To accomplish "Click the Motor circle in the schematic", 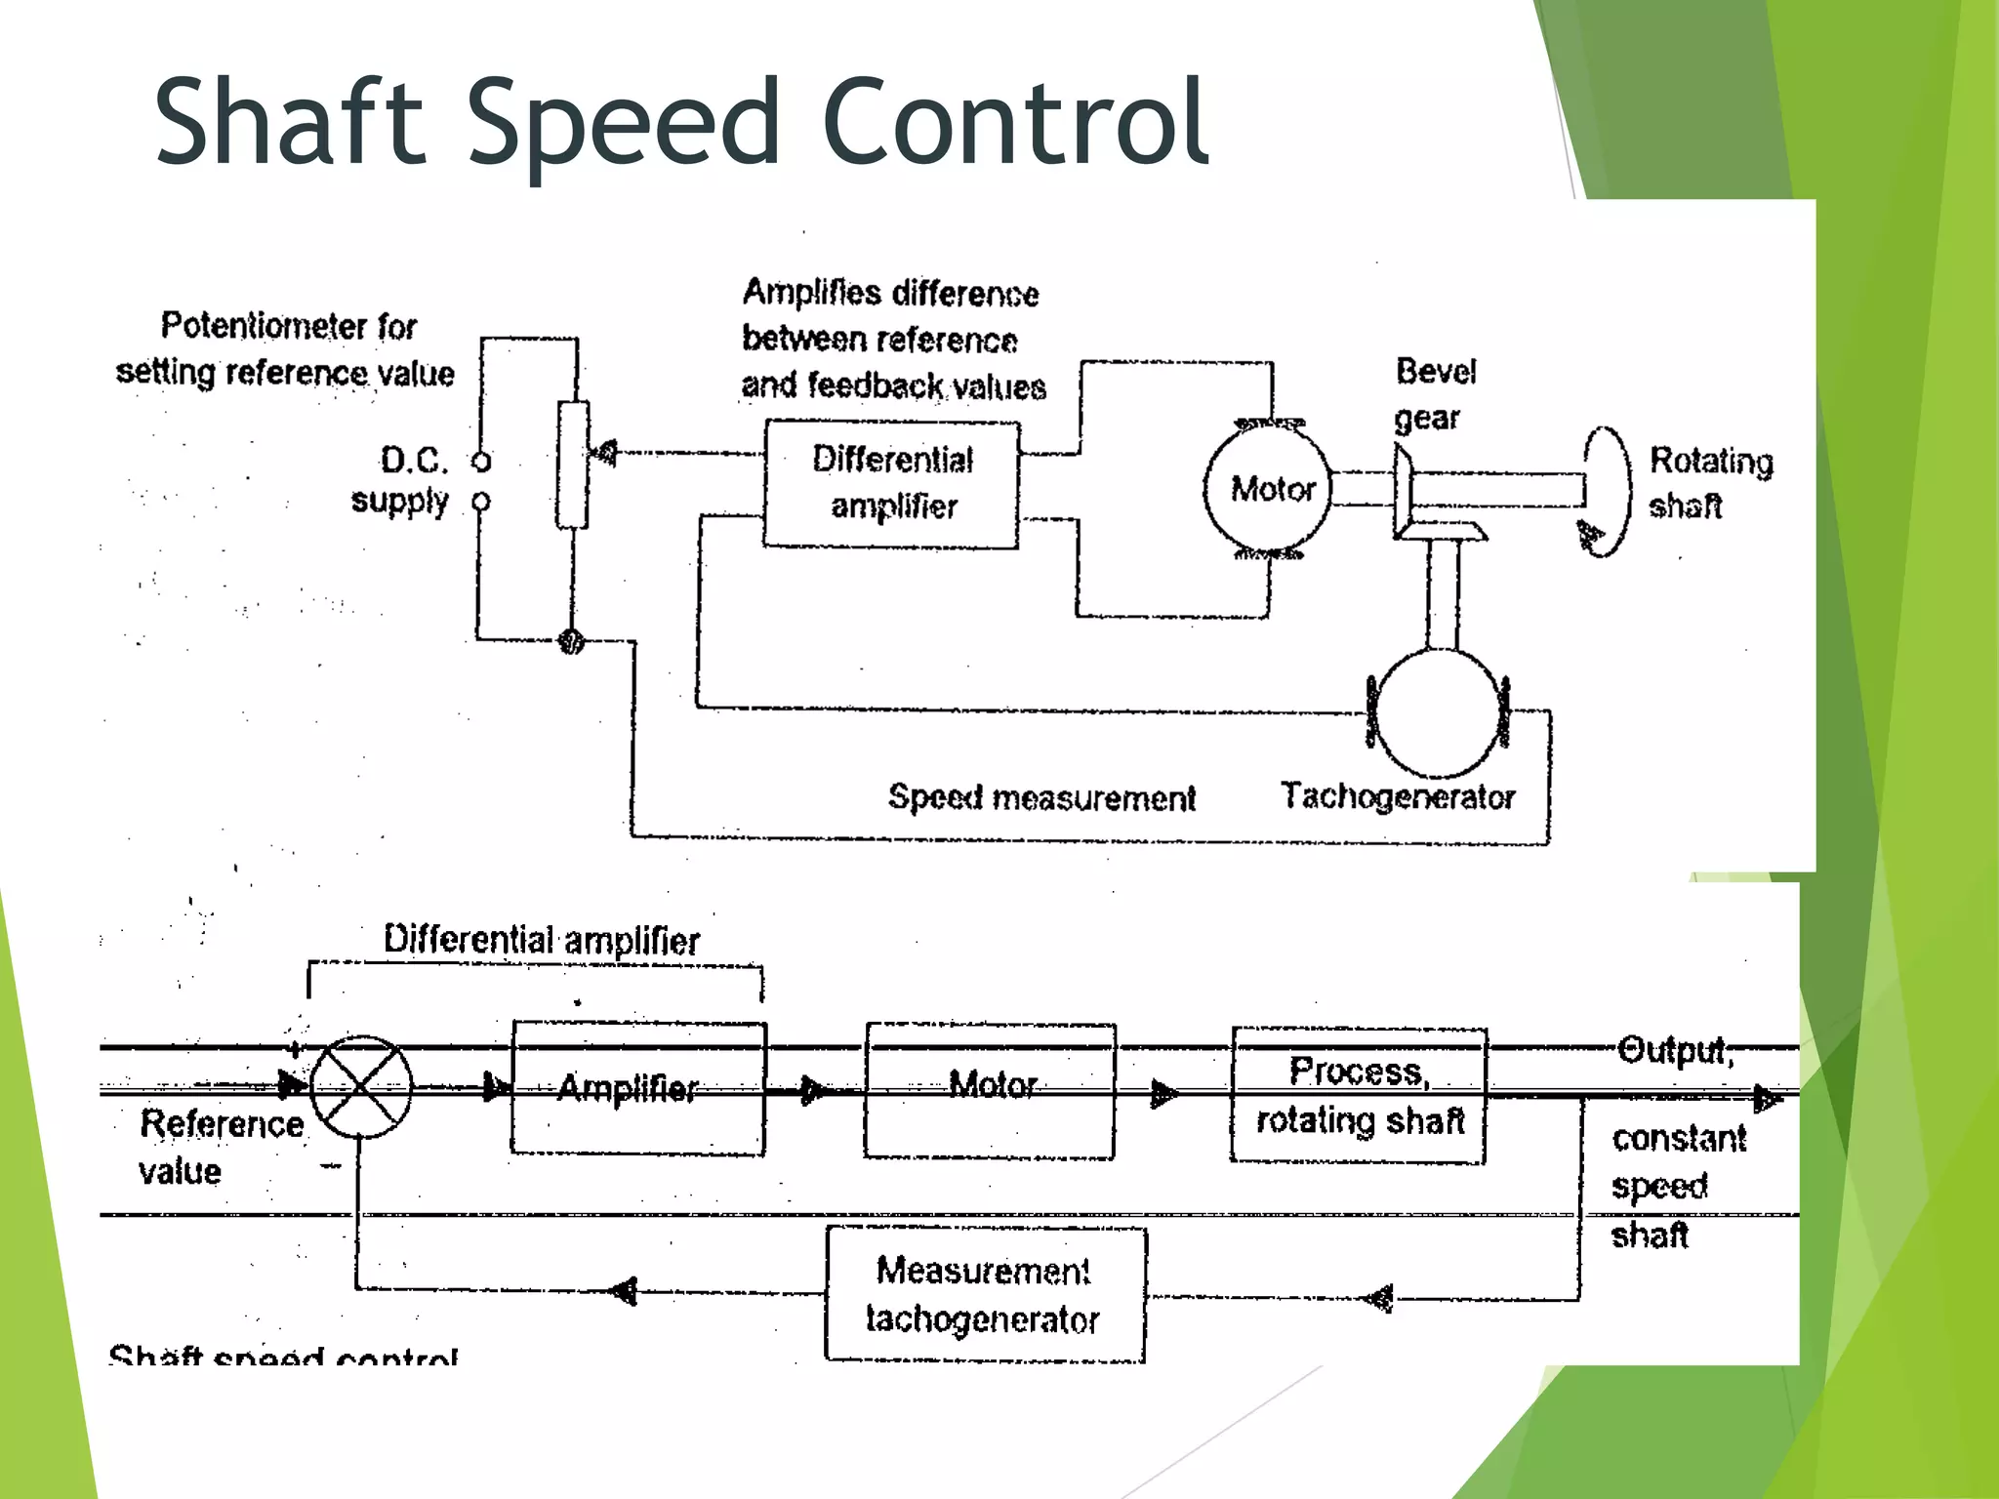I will click(1268, 488).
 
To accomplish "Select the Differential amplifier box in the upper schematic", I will click(891, 484).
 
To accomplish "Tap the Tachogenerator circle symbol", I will click(1439, 713).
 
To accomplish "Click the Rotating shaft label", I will click(1709, 483).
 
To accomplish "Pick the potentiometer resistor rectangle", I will click(573, 465).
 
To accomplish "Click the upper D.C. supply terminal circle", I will click(481, 461).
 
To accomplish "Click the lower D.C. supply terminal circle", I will click(480, 502).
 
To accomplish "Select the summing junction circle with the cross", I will click(361, 1087).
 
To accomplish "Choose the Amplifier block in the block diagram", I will click(638, 1088).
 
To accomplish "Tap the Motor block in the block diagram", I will click(989, 1090).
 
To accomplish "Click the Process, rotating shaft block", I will click(1359, 1095).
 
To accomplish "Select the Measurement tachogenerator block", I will click(985, 1294).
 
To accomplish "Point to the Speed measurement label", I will click(1041, 798).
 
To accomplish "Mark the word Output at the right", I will click(1674, 1050).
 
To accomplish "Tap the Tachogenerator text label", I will click(1398, 796).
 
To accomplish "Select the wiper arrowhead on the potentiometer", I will click(605, 453).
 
